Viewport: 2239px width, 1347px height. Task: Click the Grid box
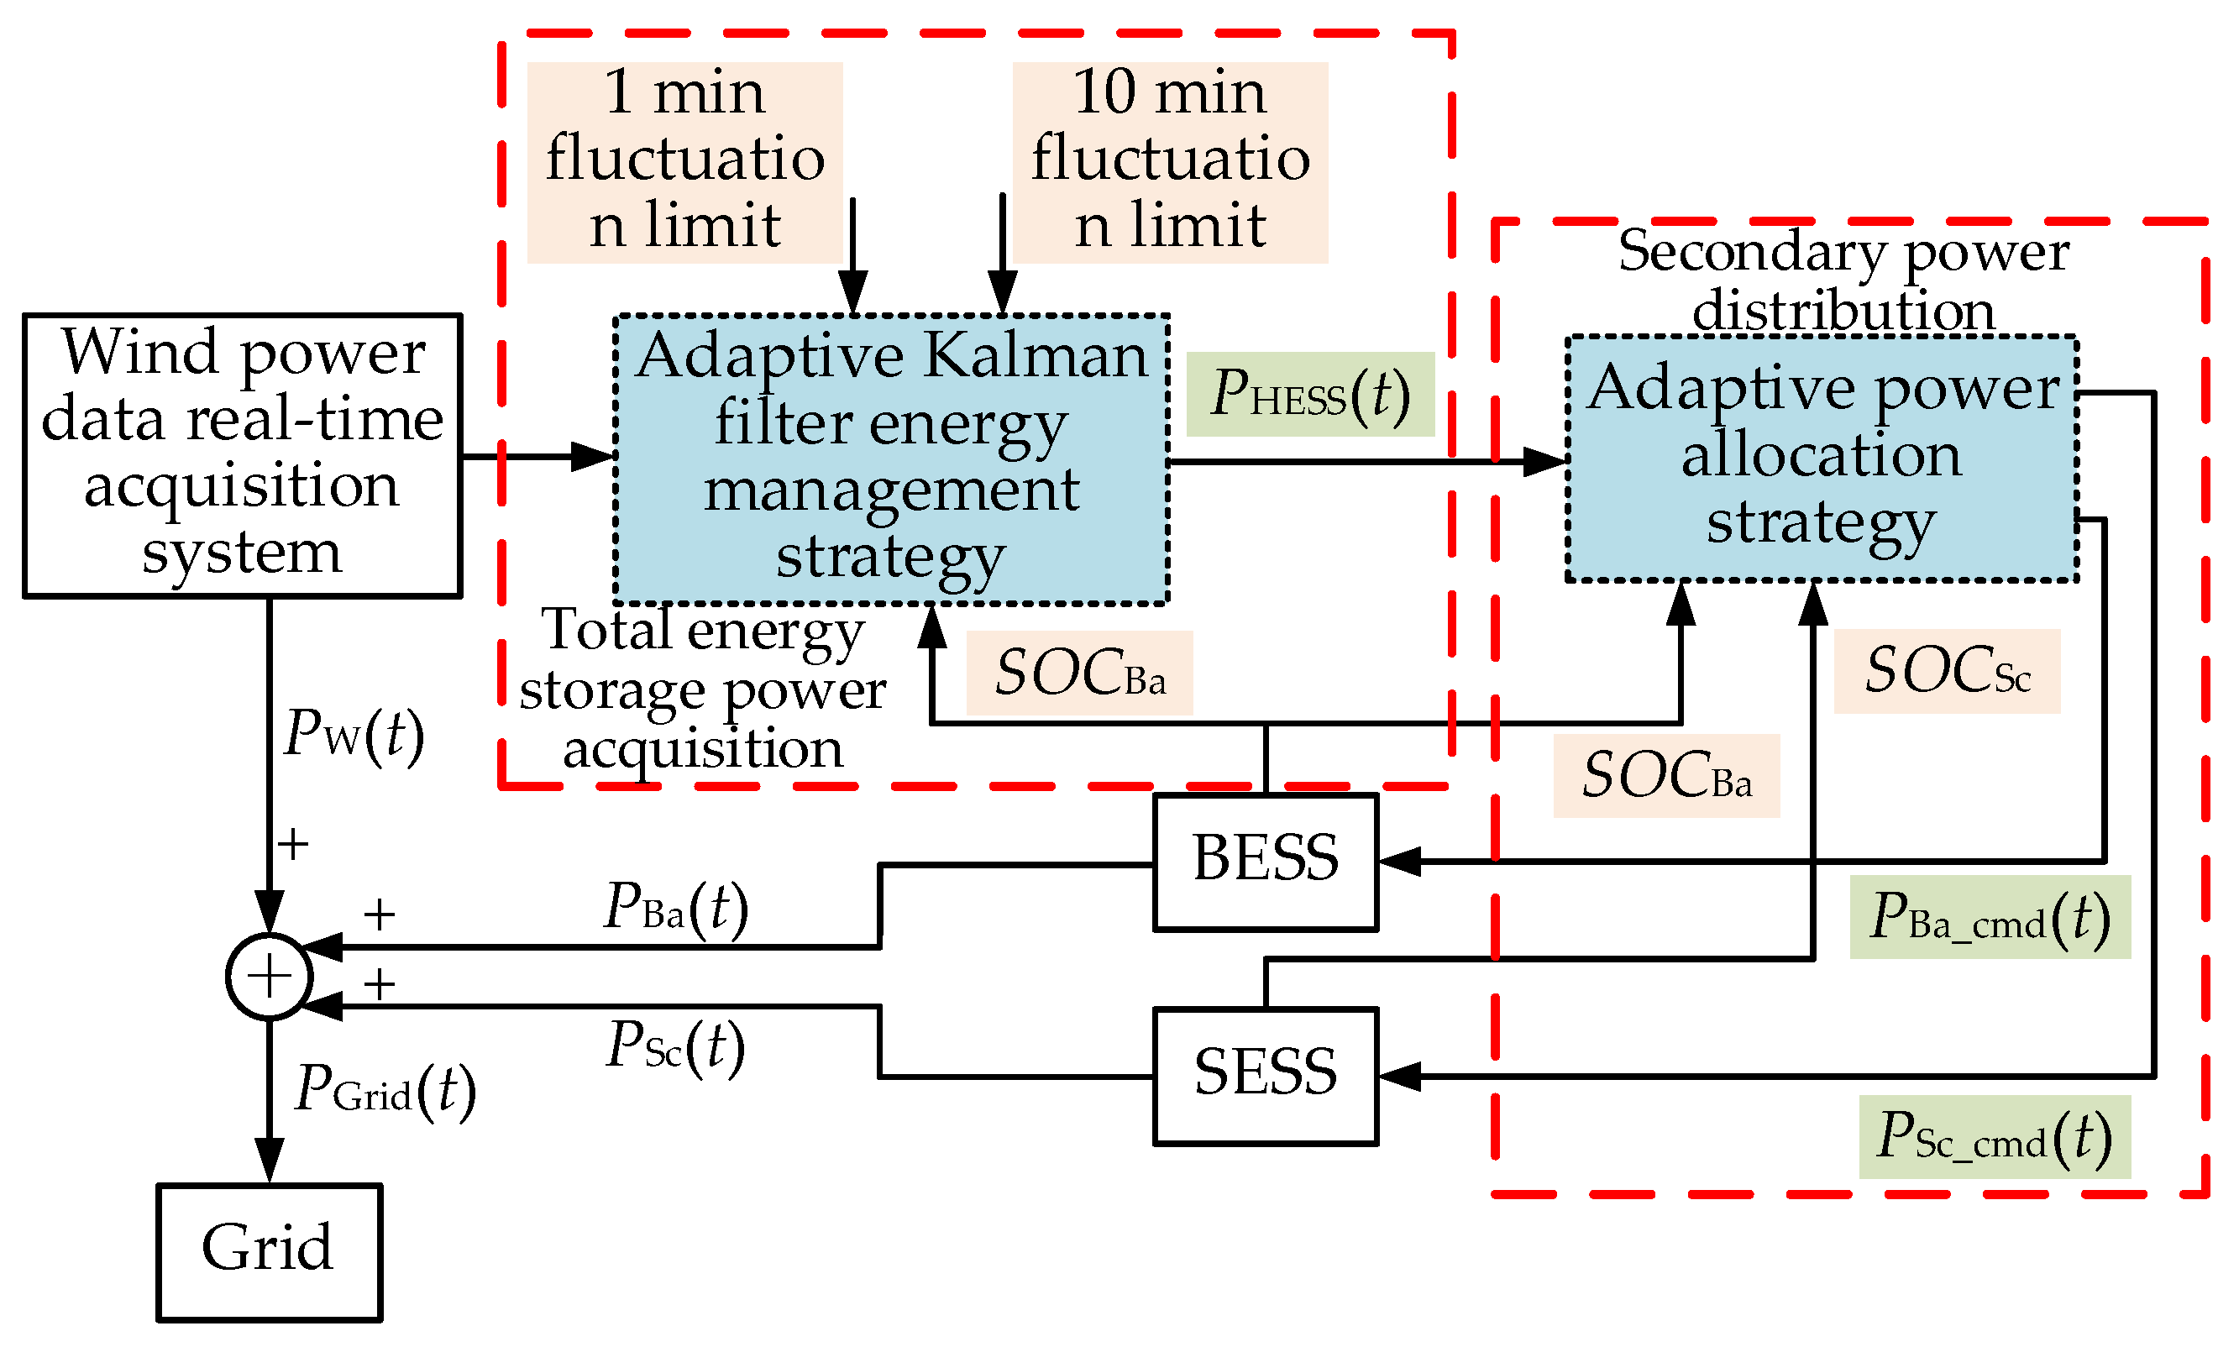[269, 1252]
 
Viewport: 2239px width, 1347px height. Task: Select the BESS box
[1265, 862]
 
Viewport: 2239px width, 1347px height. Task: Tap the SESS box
[1265, 1076]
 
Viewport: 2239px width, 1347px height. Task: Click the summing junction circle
[269, 977]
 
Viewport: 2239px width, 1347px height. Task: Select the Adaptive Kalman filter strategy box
[890, 459]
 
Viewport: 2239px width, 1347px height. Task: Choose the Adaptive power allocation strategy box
[1821, 458]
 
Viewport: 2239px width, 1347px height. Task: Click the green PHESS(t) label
[1309, 394]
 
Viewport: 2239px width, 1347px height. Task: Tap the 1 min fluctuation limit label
[684, 161]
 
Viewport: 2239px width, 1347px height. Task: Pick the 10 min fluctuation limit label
[1169, 161]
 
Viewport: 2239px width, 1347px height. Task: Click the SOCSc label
[1946, 671]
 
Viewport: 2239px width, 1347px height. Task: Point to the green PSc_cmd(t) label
[1994, 1136]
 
